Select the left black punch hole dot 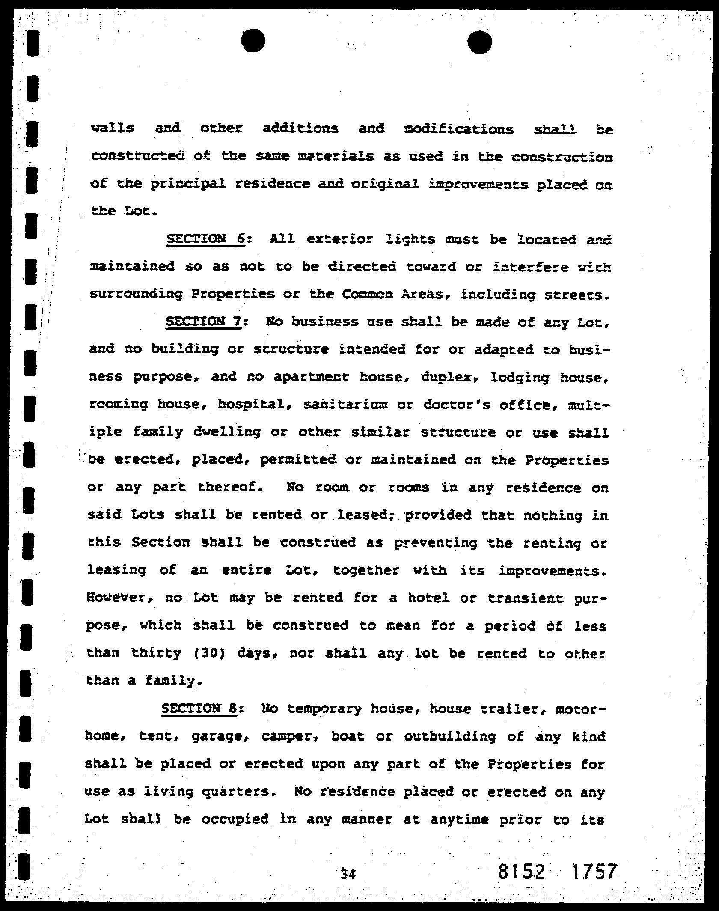(x=253, y=41)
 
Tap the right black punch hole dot (x=479, y=42)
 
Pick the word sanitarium (x=345, y=404)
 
